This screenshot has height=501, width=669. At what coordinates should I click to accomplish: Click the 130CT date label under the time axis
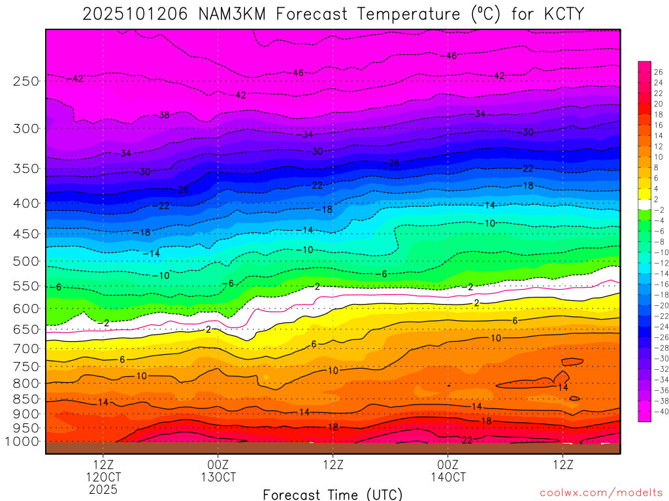[218, 476]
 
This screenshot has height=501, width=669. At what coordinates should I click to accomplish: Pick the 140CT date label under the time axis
[448, 476]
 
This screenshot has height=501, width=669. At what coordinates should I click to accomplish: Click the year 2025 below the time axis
[103, 489]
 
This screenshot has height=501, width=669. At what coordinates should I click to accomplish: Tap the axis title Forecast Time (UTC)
[333, 494]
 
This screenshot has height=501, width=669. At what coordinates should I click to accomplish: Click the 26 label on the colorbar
[658, 72]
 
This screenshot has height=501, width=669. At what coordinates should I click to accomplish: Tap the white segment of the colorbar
[644, 204]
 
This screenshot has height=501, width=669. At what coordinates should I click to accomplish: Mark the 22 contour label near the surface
[467, 440]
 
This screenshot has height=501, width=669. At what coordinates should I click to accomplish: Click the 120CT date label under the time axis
[103, 476]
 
